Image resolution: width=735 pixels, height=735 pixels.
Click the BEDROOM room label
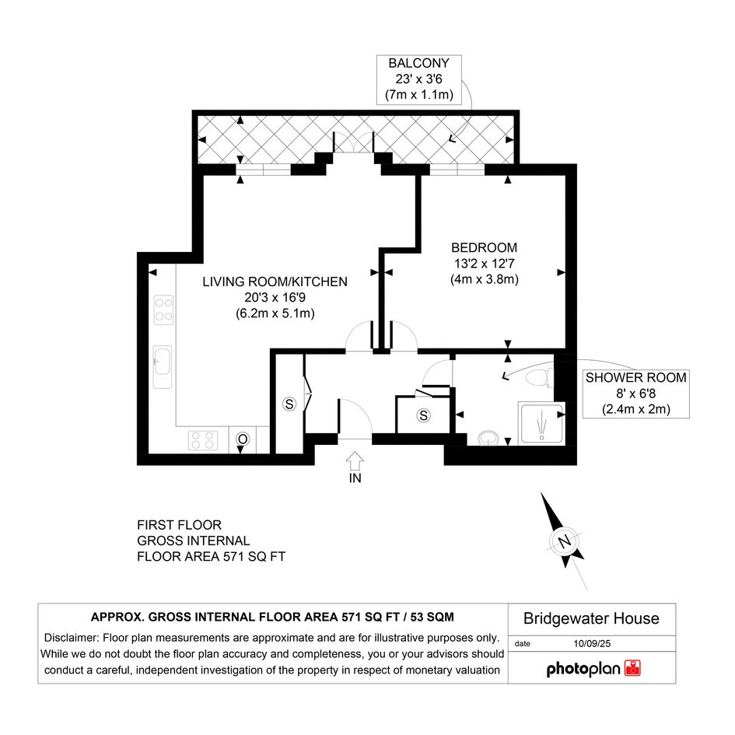(x=485, y=247)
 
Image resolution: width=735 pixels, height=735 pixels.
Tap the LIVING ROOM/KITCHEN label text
(x=275, y=282)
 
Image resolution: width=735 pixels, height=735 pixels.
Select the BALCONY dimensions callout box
(x=419, y=79)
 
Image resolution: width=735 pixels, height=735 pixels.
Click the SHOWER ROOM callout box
(x=635, y=394)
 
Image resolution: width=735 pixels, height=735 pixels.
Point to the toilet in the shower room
(x=540, y=377)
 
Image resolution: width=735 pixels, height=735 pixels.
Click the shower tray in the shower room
(x=541, y=423)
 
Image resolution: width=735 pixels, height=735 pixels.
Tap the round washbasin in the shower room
(x=488, y=439)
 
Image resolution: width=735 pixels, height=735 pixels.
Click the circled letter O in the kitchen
(x=243, y=439)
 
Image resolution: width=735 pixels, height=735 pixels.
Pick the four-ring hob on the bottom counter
(x=203, y=441)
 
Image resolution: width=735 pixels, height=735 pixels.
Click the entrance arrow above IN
(x=355, y=460)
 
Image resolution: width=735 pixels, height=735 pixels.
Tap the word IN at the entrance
(x=355, y=478)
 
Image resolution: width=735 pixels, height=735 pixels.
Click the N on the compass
(x=565, y=541)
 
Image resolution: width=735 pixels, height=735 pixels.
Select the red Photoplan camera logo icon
(x=633, y=668)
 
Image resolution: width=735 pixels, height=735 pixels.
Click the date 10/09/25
(x=592, y=643)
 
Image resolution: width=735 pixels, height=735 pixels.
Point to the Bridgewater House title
(x=591, y=619)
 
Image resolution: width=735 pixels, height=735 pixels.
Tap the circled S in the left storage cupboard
(x=289, y=404)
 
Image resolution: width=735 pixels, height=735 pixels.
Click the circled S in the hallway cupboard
(x=423, y=415)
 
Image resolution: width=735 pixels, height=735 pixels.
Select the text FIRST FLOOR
(x=179, y=525)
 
